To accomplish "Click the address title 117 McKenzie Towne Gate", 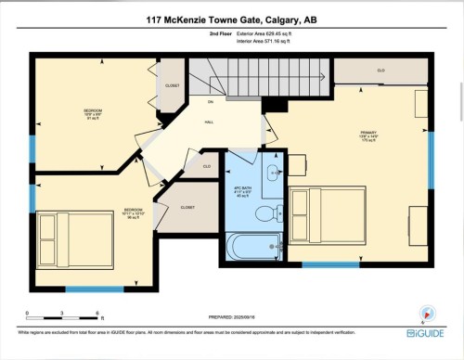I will [x=231, y=19].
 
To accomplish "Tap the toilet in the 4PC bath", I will [x=264, y=214].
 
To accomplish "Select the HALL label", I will [x=210, y=121].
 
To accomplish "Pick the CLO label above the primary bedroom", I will [x=380, y=71].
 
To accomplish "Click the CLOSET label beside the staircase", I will [x=172, y=85].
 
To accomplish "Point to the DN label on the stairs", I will [x=211, y=101].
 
